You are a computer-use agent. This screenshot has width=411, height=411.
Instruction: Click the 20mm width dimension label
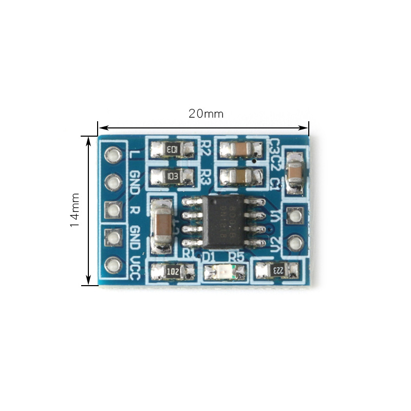click(206, 114)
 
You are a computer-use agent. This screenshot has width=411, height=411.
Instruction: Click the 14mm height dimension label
click(75, 210)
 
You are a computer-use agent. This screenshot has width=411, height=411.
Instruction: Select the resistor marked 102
click(173, 271)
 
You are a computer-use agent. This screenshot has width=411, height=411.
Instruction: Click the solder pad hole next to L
click(113, 154)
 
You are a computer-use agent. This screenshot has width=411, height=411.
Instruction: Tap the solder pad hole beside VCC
click(113, 265)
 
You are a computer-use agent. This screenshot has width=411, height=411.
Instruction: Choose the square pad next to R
click(113, 209)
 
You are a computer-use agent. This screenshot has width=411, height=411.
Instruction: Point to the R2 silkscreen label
click(206, 148)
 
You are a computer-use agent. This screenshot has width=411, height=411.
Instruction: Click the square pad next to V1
click(294, 216)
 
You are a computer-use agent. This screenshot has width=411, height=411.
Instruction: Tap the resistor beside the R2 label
click(173, 150)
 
